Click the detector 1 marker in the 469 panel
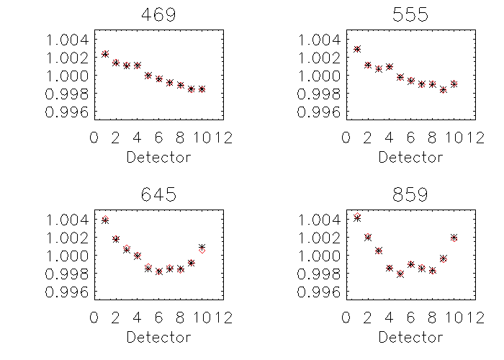click(x=105, y=54)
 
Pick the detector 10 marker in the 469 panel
click(x=202, y=89)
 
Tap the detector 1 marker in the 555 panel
click(x=357, y=49)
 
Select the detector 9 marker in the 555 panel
click(x=443, y=90)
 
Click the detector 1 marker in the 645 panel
click(x=105, y=220)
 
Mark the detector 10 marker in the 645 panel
click(x=202, y=248)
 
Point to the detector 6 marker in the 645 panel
click(x=159, y=271)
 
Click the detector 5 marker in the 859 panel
click(x=400, y=274)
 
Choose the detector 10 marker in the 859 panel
click(x=454, y=237)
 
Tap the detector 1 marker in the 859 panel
click(x=357, y=217)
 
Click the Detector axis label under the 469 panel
click(x=158, y=157)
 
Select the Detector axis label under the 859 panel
click(x=410, y=337)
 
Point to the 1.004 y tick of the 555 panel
click(x=322, y=39)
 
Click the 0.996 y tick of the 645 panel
click(x=70, y=292)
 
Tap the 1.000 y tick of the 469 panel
click(x=70, y=76)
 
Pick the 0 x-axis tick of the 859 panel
click(x=346, y=318)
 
